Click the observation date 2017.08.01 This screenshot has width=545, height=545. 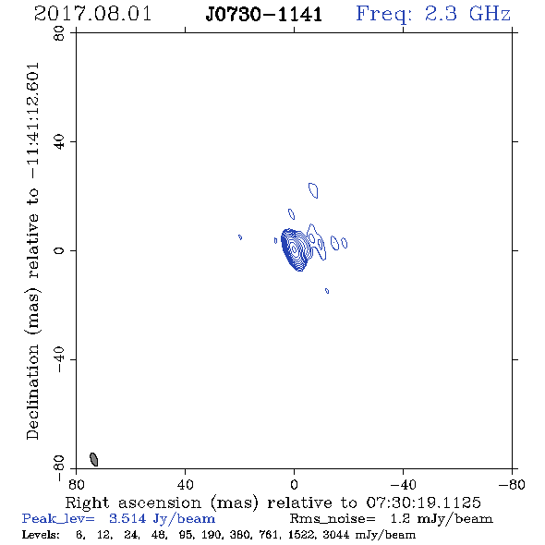(x=92, y=14)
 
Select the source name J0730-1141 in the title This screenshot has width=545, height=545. (x=264, y=15)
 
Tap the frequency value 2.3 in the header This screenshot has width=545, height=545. (x=441, y=14)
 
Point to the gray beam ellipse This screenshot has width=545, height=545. (x=94, y=459)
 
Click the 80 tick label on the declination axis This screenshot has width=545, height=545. (x=59, y=33)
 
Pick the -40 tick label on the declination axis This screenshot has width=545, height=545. (x=59, y=359)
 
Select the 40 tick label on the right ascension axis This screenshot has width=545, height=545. (x=185, y=484)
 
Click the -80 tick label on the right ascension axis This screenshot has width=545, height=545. (x=512, y=484)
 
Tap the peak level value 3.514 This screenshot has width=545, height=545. (x=127, y=518)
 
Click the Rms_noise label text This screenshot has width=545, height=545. (x=333, y=519)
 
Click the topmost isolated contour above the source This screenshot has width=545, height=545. (x=313, y=190)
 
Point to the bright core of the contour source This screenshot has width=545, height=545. (x=294, y=248)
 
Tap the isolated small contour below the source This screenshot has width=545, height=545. (x=327, y=291)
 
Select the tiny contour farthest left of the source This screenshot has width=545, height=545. (x=240, y=237)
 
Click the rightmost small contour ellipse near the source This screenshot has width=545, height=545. (x=345, y=243)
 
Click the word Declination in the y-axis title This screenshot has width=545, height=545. (x=32, y=392)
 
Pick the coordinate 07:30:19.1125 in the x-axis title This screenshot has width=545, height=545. (x=424, y=503)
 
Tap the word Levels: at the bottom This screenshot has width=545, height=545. (x=41, y=534)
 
